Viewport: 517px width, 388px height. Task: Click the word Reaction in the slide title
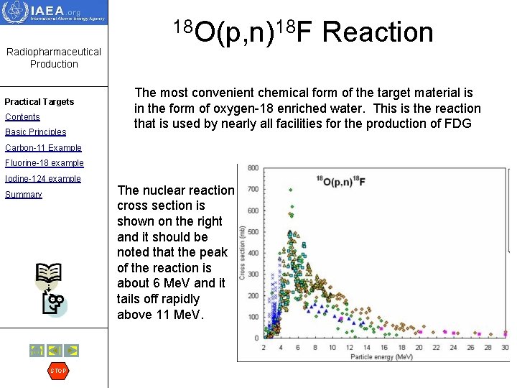(378, 32)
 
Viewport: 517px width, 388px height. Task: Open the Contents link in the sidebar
(22, 117)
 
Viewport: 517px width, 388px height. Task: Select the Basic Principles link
(35, 132)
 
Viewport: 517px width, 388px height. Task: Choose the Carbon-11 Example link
(43, 148)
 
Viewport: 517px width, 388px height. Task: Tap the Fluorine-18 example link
(44, 163)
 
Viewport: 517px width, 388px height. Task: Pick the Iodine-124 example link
(42, 179)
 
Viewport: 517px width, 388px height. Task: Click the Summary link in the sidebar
(23, 195)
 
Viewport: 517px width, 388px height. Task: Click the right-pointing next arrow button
(71, 351)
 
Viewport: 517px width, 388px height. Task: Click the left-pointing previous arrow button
(54, 351)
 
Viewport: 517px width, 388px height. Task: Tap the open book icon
(48, 274)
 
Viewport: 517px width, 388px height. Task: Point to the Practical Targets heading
(39, 102)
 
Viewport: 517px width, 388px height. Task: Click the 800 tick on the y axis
(253, 168)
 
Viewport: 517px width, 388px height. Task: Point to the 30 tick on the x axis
(505, 348)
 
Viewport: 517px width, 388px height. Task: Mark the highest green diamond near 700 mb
(290, 190)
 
